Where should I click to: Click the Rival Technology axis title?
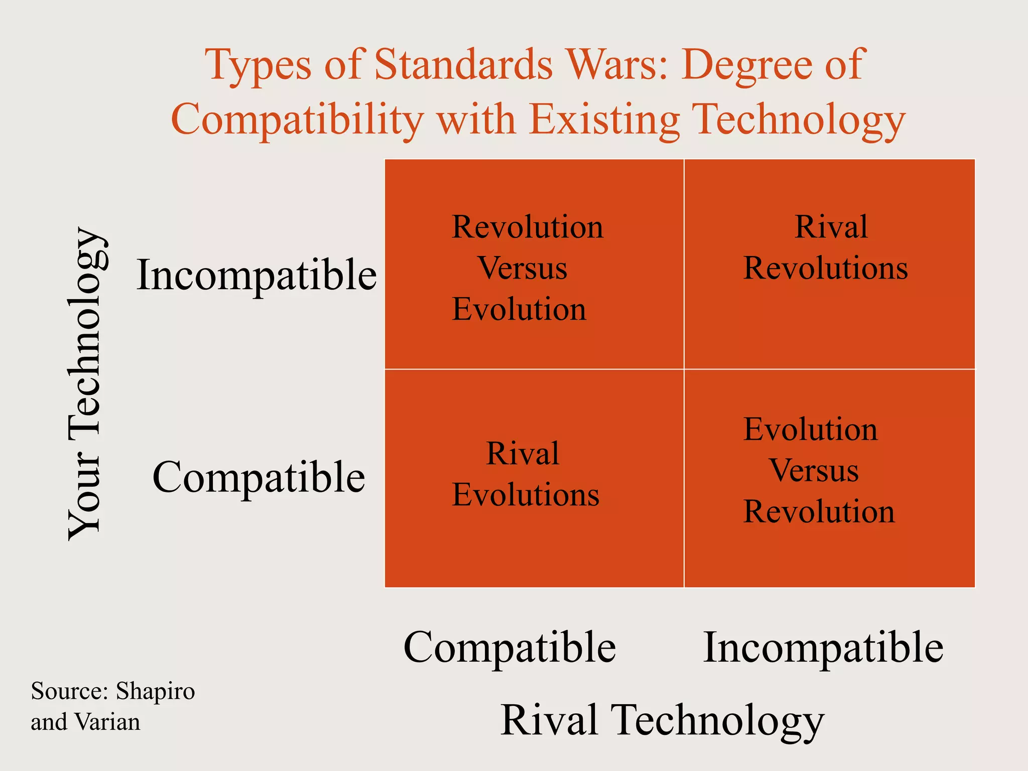(662, 720)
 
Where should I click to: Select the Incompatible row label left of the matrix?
(256, 275)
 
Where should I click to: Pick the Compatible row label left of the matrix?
(259, 477)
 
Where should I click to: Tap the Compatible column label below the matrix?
(509, 648)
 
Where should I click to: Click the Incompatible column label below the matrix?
(823, 648)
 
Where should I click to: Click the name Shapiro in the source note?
(155, 691)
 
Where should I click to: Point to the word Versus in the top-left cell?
(522, 268)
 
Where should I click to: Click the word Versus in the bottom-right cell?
(814, 470)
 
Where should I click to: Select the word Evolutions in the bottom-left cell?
(525, 495)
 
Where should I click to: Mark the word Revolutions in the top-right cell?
(825, 268)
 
